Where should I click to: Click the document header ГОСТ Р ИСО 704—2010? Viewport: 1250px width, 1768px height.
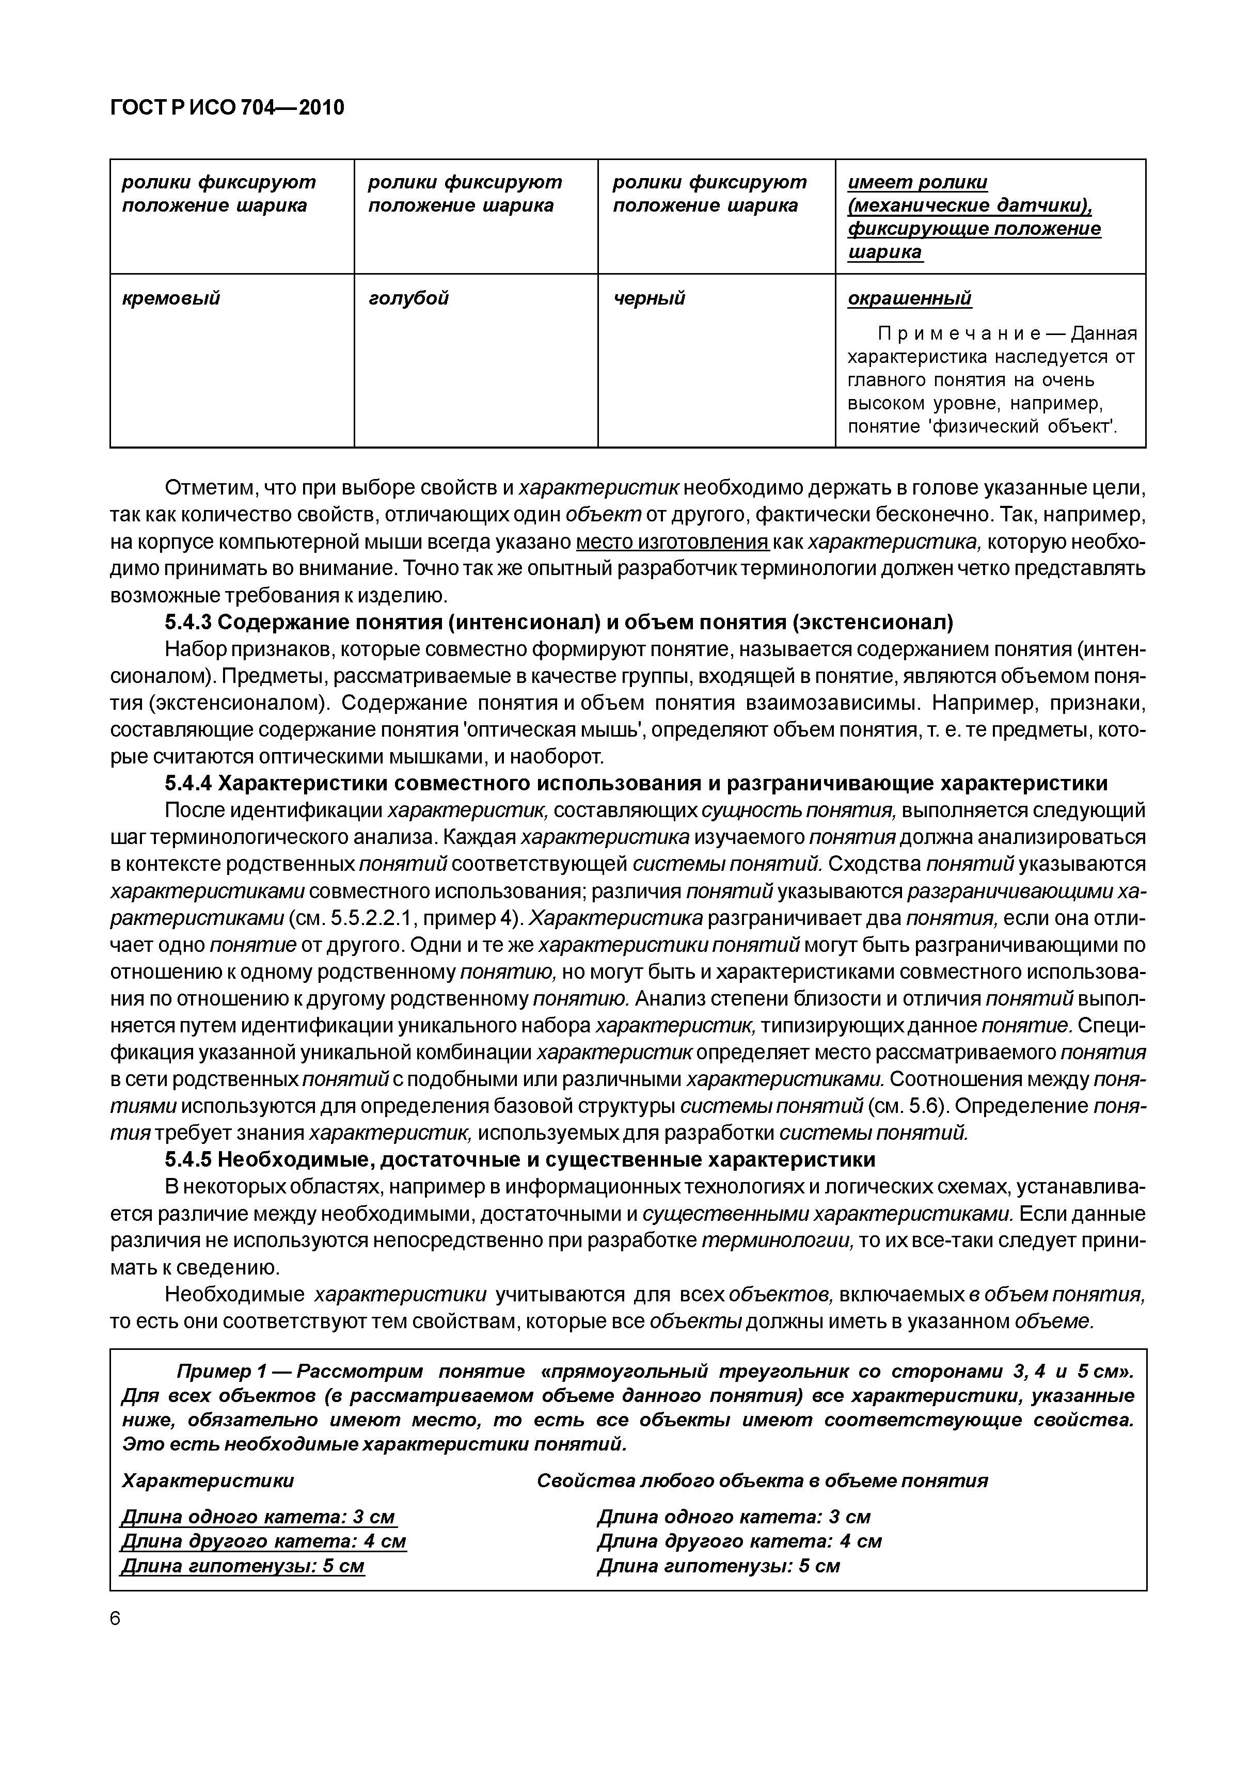[227, 108]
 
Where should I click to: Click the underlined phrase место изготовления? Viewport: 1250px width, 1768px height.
[672, 542]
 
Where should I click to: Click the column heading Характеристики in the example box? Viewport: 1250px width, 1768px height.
[208, 1481]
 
